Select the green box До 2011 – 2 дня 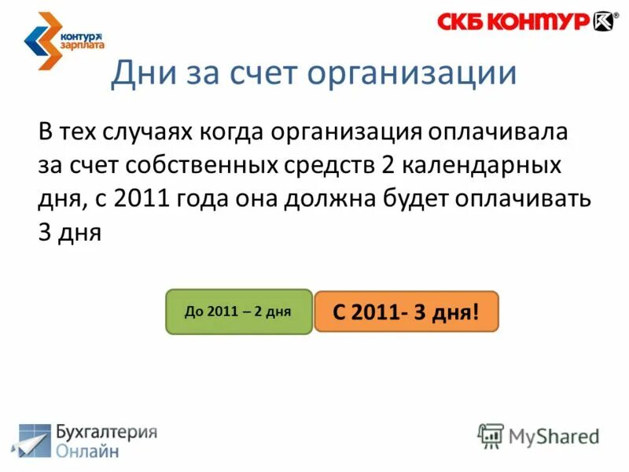(238, 312)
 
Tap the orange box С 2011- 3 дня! (406, 312)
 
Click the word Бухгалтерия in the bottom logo (106, 433)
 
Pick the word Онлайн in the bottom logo (88, 452)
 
